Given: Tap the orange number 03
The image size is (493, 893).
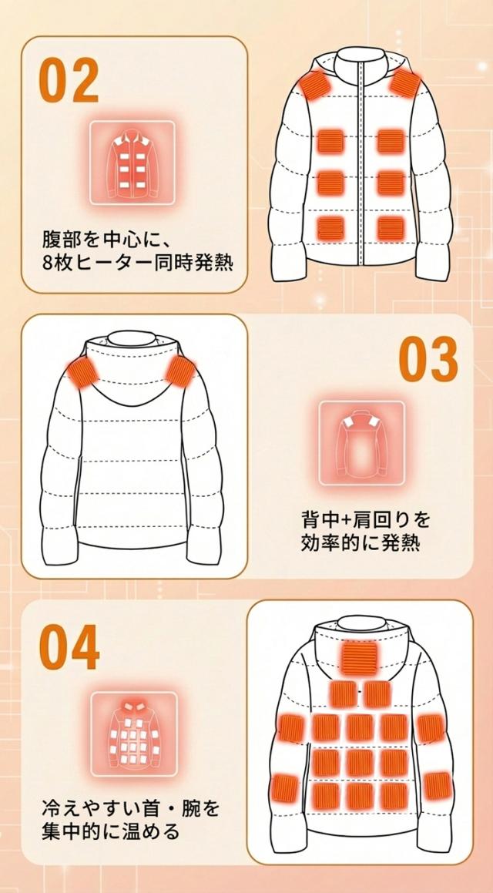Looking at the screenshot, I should click(x=428, y=359).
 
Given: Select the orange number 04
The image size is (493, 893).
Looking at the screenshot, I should click(x=69, y=647).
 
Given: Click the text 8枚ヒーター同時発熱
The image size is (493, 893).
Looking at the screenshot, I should click(x=139, y=261).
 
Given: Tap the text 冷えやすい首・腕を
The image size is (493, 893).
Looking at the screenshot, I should click(x=131, y=808).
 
